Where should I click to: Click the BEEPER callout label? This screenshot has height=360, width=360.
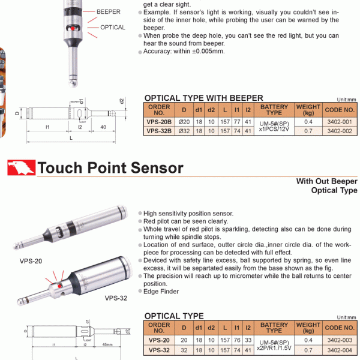click(108, 11)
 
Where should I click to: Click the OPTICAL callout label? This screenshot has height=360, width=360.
click(112, 27)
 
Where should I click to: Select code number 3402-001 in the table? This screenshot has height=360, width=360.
click(340, 122)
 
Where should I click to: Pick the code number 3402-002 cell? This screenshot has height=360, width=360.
click(340, 130)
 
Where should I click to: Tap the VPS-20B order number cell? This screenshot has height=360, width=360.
click(159, 122)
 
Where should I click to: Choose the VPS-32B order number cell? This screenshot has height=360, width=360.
click(159, 130)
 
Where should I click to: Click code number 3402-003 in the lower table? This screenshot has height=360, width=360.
click(340, 340)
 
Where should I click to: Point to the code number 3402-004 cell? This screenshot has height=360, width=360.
click(340, 349)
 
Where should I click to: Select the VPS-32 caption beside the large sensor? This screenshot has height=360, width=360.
click(116, 298)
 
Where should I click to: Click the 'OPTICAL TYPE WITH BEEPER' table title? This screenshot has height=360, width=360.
click(204, 98)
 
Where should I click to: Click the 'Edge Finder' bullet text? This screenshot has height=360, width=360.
click(162, 291)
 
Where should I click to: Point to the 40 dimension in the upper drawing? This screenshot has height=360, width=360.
click(104, 127)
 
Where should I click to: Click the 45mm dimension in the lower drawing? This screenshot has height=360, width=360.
click(107, 344)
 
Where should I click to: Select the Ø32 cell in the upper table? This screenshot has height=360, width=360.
click(184, 130)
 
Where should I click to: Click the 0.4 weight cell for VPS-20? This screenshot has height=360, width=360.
click(308, 340)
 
